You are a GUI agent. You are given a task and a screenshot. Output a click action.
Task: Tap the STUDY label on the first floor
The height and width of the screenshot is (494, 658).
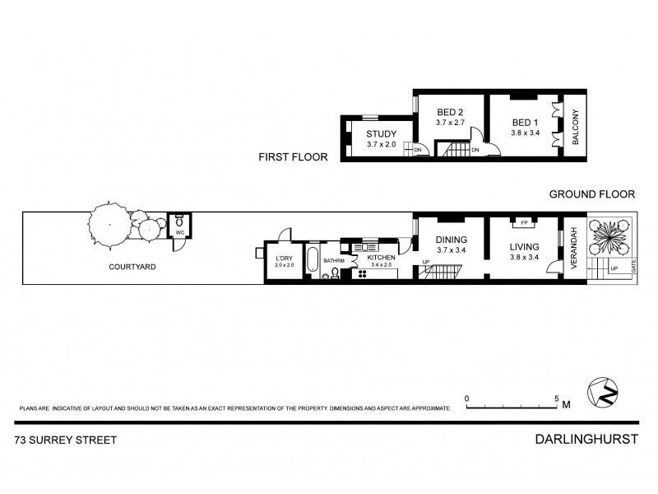pyautogui.click(x=382, y=134)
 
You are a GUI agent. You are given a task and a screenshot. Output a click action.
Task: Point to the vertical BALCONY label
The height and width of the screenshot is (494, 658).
pyautogui.click(x=576, y=128)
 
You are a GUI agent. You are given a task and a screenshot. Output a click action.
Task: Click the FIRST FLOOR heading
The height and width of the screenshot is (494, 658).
pyautogui.click(x=293, y=156)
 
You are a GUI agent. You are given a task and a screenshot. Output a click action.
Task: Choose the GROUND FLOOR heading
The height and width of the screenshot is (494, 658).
pyautogui.click(x=592, y=195)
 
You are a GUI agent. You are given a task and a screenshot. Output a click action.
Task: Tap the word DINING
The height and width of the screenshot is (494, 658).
pyautogui.click(x=451, y=240)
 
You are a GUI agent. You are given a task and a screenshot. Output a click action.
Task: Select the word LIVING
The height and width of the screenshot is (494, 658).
pyautogui.click(x=524, y=246)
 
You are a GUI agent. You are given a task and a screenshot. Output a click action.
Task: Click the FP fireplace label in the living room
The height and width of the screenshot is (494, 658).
pyautogui.click(x=523, y=222)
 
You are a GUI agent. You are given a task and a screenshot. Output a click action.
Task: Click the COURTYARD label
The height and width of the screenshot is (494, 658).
pyautogui.click(x=132, y=267)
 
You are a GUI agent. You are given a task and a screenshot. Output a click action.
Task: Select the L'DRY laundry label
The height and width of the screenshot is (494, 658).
pyautogui.click(x=283, y=259)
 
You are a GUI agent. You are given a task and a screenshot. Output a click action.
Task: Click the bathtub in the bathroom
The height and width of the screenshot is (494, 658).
pyautogui.click(x=313, y=261)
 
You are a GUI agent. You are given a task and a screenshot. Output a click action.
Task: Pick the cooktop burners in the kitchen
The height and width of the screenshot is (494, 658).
pyautogui.click(x=359, y=273)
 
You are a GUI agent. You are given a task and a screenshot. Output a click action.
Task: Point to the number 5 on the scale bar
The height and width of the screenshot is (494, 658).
pyautogui.click(x=557, y=397)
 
